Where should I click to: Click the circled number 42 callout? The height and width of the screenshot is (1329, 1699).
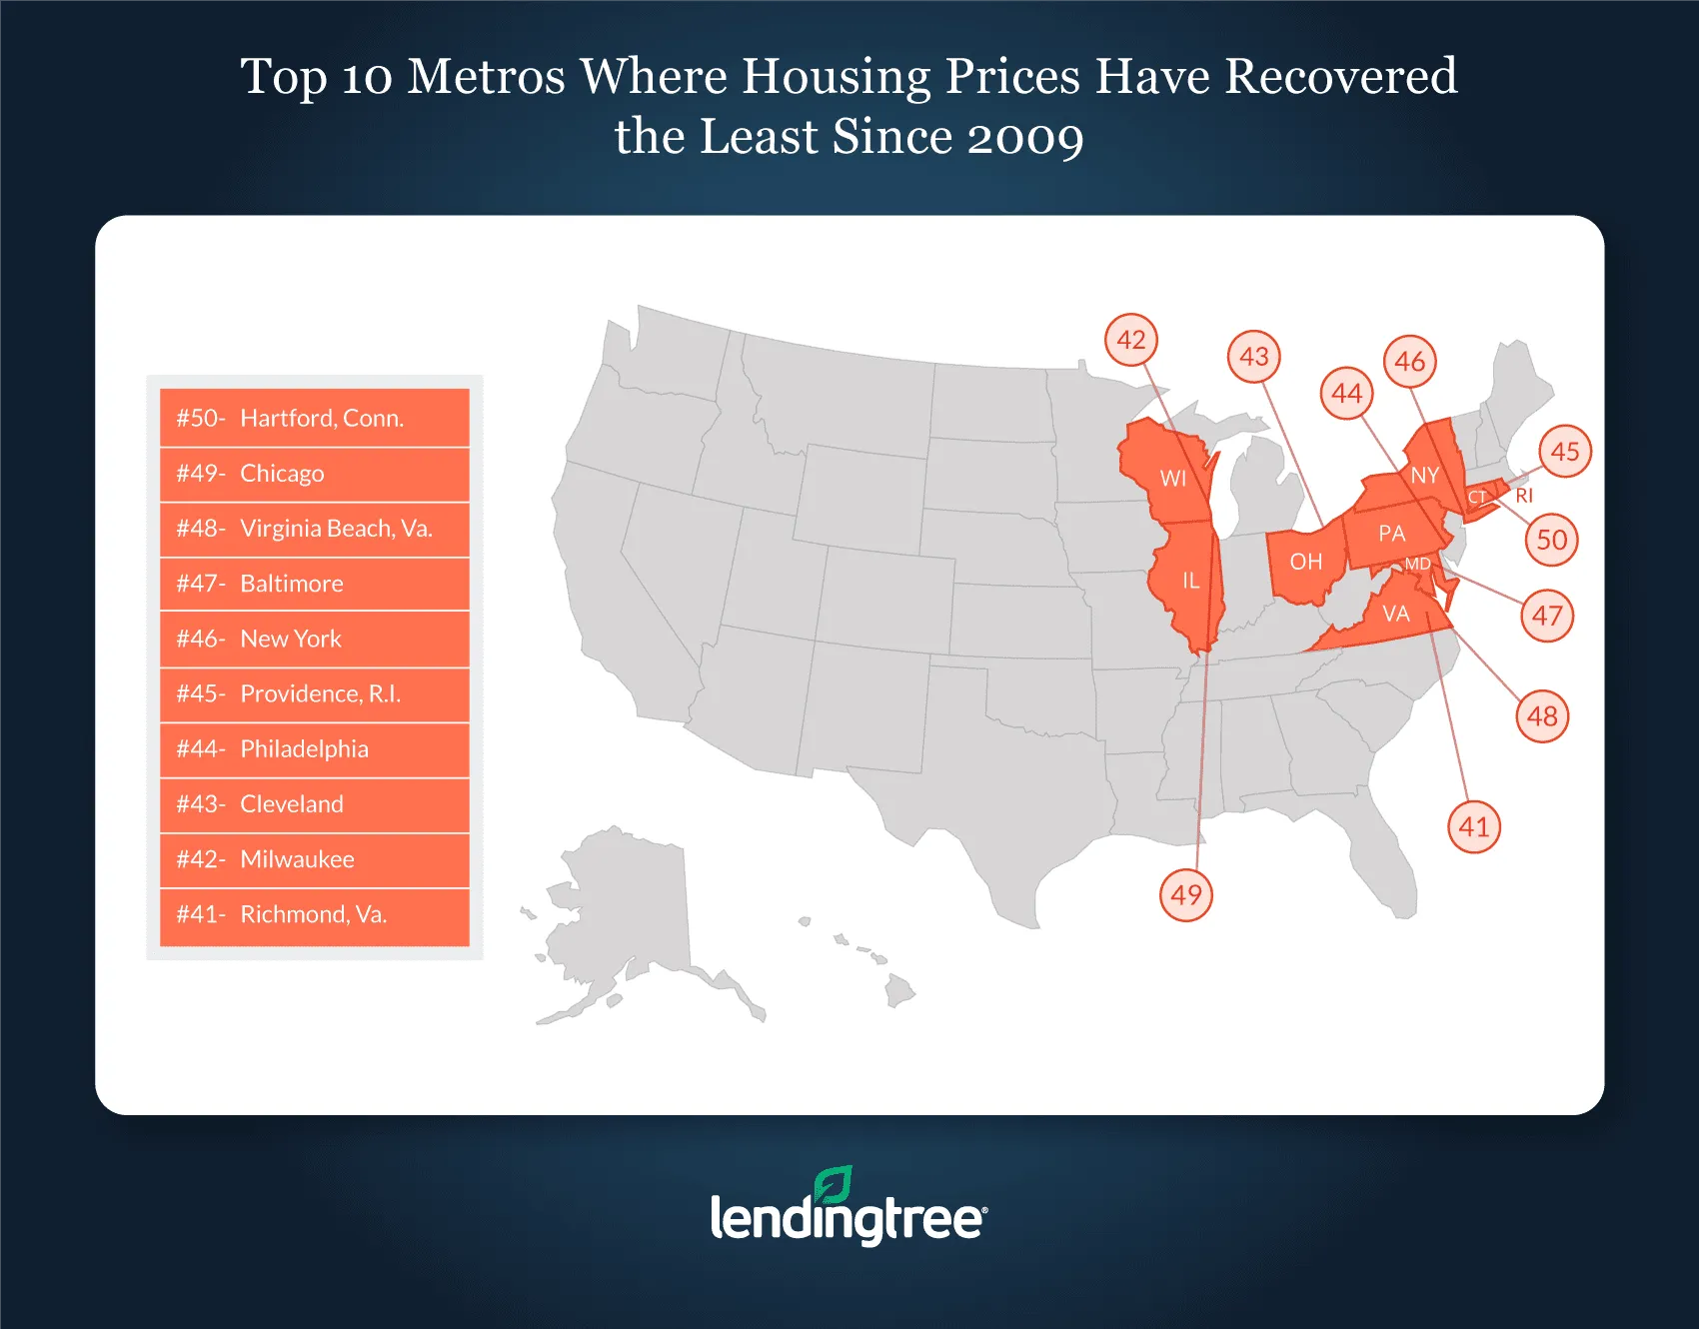click(x=1131, y=340)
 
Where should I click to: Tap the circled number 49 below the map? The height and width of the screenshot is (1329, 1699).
click(x=1186, y=894)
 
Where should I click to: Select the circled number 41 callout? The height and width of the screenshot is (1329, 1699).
click(x=1474, y=826)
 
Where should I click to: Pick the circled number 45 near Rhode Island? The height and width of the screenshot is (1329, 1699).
click(x=1565, y=452)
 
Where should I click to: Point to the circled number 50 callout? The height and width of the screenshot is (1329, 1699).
click(x=1551, y=540)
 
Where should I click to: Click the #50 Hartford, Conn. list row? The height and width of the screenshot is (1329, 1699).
click(x=314, y=418)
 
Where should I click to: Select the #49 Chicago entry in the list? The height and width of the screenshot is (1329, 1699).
click(x=314, y=474)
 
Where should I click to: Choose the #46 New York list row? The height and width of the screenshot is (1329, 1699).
click(x=314, y=639)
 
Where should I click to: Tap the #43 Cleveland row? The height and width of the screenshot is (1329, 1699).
click(x=314, y=804)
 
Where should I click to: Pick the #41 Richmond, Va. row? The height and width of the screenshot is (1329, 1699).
click(x=314, y=914)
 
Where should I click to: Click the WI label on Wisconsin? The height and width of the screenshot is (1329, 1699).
click(x=1173, y=479)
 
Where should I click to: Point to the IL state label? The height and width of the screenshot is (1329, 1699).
click(x=1190, y=581)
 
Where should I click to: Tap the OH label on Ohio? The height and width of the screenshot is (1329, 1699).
click(x=1305, y=562)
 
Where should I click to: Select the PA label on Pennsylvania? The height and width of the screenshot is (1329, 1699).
click(x=1391, y=534)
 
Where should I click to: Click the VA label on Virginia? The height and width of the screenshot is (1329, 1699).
click(x=1395, y=614)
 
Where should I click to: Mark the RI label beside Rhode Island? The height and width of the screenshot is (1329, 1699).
click(x=1524, y=496)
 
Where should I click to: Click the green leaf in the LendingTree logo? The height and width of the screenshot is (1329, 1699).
click(x=834, y=1184)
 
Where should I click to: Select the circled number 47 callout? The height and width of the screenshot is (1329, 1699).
click(x=1547, y=616)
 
